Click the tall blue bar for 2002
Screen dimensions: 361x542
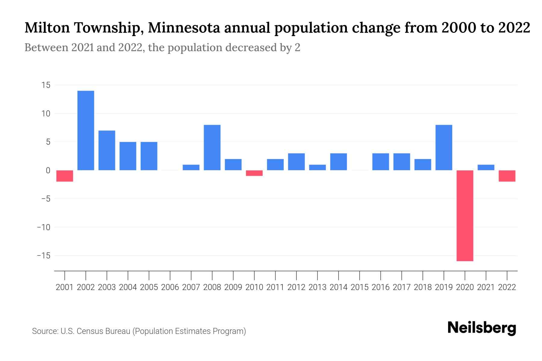86,130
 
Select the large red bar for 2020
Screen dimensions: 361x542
465,215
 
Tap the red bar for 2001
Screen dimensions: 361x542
65,176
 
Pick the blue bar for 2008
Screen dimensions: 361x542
212,147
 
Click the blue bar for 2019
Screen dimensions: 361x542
444,147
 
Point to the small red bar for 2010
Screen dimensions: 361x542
254,173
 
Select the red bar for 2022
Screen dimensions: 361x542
507,176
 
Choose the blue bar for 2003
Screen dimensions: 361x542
107,150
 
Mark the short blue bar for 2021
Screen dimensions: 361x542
486,167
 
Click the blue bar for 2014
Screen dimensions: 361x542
338,162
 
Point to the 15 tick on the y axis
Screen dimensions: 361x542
46,85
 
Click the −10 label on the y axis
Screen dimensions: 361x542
44,227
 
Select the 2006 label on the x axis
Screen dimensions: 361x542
170,287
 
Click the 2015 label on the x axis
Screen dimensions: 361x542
360,287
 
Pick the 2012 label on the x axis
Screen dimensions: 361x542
296,287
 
